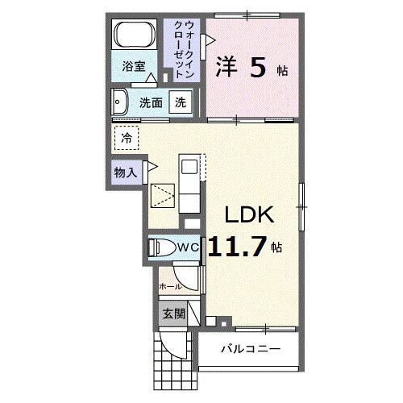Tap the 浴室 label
point(134,68)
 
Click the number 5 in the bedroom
point(257,68)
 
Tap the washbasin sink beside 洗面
point(121,102)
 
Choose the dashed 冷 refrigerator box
point(127,139)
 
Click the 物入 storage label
point(124,172)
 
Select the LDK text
point(250,215)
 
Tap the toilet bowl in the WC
point(159,248)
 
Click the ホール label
point(170,286)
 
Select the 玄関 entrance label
point(172,313)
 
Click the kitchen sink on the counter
point(189,167)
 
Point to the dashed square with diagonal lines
point(164,196)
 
